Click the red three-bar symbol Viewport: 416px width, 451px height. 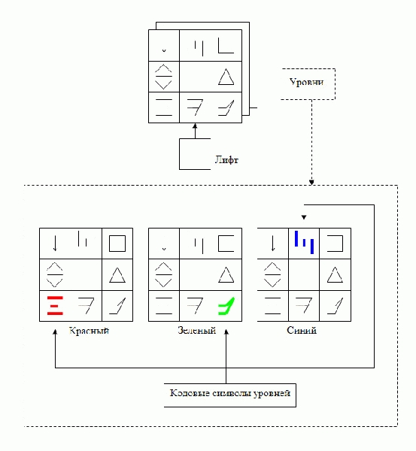55,305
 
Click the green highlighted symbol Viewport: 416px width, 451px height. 226,306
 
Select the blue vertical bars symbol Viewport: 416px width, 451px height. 304,242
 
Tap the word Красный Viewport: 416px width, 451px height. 89,331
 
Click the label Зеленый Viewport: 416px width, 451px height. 197,330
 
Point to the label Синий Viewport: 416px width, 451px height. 302,330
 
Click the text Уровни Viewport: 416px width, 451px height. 306,82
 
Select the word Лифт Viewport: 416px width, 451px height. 226,159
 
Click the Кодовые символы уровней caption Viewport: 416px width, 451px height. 230,393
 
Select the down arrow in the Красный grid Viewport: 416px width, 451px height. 55,244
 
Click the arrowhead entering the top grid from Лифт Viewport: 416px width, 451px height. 195,126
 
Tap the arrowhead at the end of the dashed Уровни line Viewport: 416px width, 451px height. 311,183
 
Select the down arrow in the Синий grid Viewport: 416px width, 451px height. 272,244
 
